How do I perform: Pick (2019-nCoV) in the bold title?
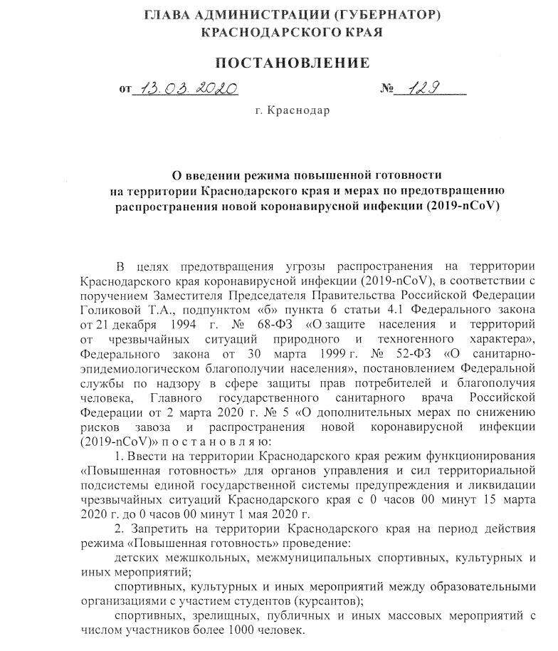pyautogui.click(x=464, y=207)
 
